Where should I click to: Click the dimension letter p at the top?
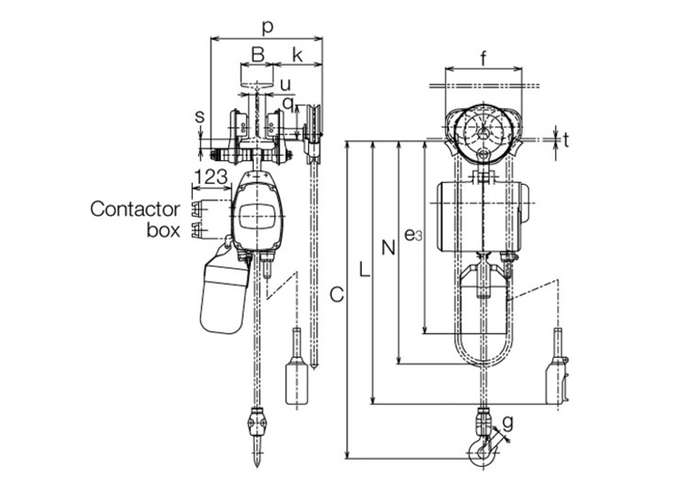point(268,28)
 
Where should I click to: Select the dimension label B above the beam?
point(258,55)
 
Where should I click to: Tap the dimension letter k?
point(297,55)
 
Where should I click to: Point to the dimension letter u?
point(285,84)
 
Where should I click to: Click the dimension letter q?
point(288,103)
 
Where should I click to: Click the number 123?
point(211,177)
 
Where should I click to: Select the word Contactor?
point(135,209)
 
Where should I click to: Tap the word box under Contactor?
point(164,230)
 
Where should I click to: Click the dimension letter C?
point(337,294)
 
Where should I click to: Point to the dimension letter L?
point(365,270)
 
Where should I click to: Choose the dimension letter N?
point(389,248)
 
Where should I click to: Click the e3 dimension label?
point(413,235)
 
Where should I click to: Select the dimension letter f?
point(484,59)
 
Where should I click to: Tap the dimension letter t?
point(566,139)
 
